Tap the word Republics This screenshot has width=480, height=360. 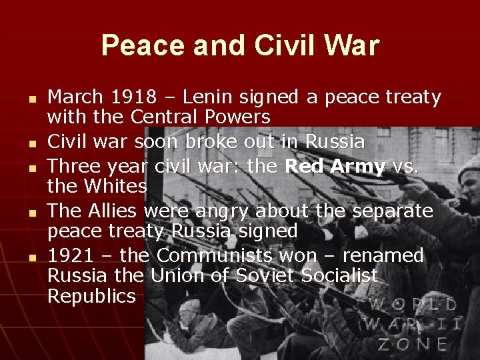91,297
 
